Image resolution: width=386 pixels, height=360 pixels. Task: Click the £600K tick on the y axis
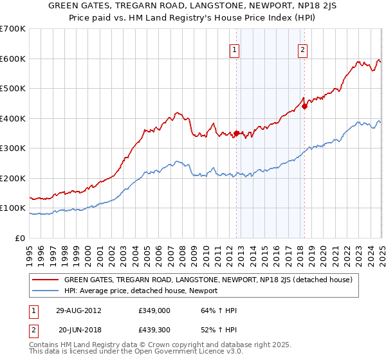tap(13, 59)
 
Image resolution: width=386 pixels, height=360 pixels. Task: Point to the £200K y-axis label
tap(13, 179)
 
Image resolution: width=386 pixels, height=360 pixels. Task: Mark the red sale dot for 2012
tap(237, 134)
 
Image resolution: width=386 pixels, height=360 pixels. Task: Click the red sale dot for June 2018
tap(305, 107)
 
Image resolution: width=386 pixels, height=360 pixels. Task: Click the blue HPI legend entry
tap(141, 291)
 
